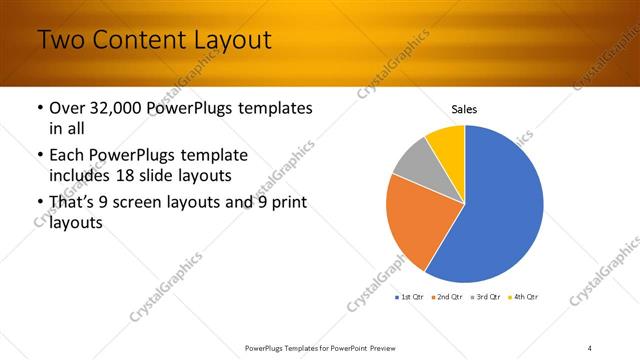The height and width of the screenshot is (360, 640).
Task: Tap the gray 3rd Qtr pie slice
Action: pos(413,160)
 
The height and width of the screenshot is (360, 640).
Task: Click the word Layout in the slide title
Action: pos(225,41)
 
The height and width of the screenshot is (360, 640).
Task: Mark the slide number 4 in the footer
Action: pos(590,347)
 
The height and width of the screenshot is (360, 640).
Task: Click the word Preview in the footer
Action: pos(390,347)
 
